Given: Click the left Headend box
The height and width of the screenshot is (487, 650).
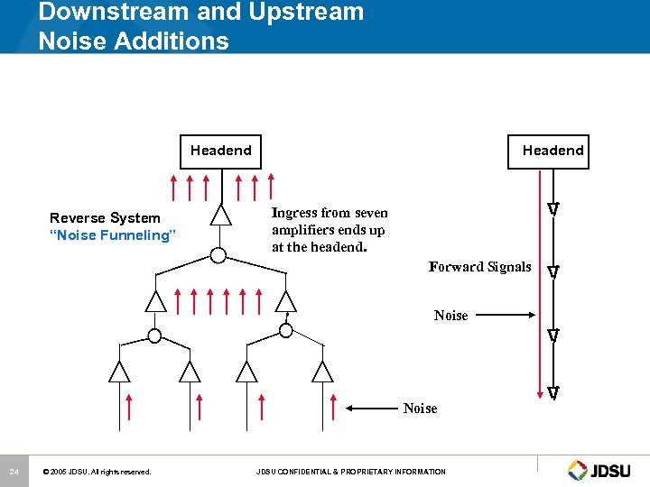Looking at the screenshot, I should pyautogui.click(x=221, y=151).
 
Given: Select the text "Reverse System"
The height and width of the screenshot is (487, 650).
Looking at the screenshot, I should pyautogui.click(x=105, y=218).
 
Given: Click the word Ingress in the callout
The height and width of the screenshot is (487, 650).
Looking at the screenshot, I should pyautogui.click(x=294, y=214).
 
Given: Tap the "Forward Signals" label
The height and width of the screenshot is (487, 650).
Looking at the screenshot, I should pyautogui.click(x=479, y=267).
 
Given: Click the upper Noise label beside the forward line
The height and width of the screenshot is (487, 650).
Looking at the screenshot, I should pyautogui.click(x=450, y=316).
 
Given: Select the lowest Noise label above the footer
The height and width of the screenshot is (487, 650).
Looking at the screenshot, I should pyautogui.click(x=420, y=409).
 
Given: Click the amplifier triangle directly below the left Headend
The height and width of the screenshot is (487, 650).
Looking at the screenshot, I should pyautogui.click(x=220, y=215).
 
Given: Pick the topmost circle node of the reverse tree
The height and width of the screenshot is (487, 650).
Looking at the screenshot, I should pyautogui.click(x=218, y=255).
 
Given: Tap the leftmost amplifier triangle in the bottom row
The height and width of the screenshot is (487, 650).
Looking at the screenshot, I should pyautogui.click(x=119, y=372).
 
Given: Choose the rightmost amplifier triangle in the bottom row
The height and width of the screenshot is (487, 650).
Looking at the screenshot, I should pyautogui.click(x=321, y=372).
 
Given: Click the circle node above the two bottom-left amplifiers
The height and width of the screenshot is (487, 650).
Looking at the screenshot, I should pyautogui.click(x=154, y=336).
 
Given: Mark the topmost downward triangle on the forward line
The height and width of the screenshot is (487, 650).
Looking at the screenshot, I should pyautogui.click(x=552, y=209).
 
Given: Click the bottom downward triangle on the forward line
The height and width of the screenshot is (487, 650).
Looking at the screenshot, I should pyautogui.click(x=552, y=392).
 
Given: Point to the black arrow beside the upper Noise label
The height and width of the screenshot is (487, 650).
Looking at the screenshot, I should pyautogui.click(x=506, y=316).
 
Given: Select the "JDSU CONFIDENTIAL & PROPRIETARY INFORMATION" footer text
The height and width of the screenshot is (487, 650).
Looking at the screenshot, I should pyautogui.click(x=350, y=472).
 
